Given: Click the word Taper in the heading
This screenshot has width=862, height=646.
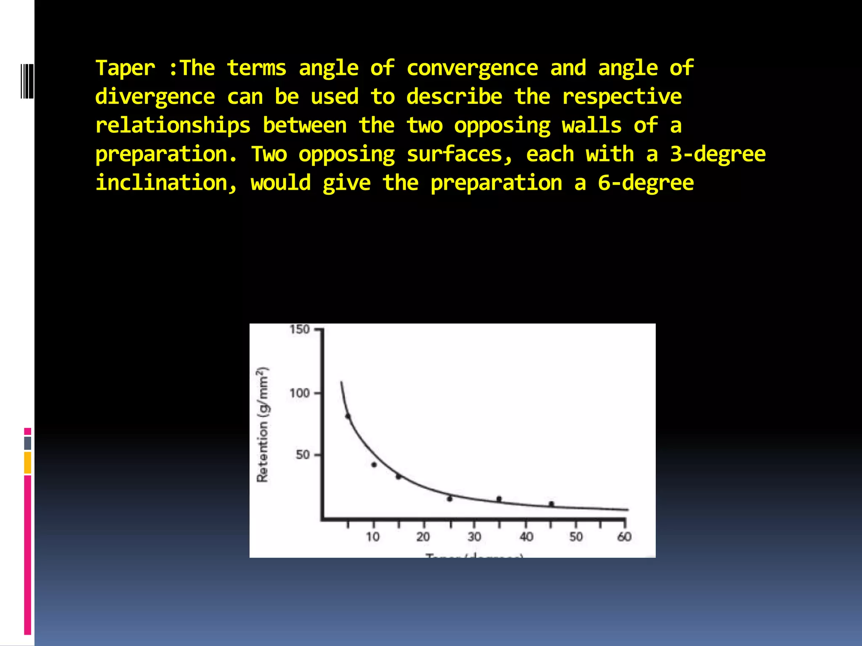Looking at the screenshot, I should (125, 69).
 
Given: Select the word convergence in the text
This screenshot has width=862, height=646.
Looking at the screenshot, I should (472, 69).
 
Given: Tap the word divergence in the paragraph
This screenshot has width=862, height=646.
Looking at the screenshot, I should (155, 97).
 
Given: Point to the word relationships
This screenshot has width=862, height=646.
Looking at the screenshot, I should (173, 126).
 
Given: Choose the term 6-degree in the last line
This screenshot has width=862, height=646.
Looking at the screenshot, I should (646, 183).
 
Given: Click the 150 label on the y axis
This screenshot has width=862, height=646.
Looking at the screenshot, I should (299, 329).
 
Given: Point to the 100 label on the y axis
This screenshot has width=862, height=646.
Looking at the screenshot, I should (299, 393).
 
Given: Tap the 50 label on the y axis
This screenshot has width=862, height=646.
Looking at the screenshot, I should (303, 455).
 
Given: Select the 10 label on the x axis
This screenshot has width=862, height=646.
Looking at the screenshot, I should (372, 537).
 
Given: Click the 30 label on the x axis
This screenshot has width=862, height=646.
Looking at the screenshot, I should (474, 537).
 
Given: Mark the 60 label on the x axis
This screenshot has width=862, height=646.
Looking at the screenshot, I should (624, 537).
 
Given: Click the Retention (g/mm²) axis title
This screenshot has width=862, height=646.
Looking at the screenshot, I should (262, 424).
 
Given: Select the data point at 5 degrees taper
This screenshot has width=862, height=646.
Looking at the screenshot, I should (348, 416).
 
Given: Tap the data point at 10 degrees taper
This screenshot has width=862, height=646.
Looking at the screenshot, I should (374, 465).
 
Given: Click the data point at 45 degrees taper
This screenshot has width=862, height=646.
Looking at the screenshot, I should (551, 504).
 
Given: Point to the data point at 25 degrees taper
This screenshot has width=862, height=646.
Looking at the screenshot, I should (450, 499).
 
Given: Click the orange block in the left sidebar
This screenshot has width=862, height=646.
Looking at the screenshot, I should (27, 462).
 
